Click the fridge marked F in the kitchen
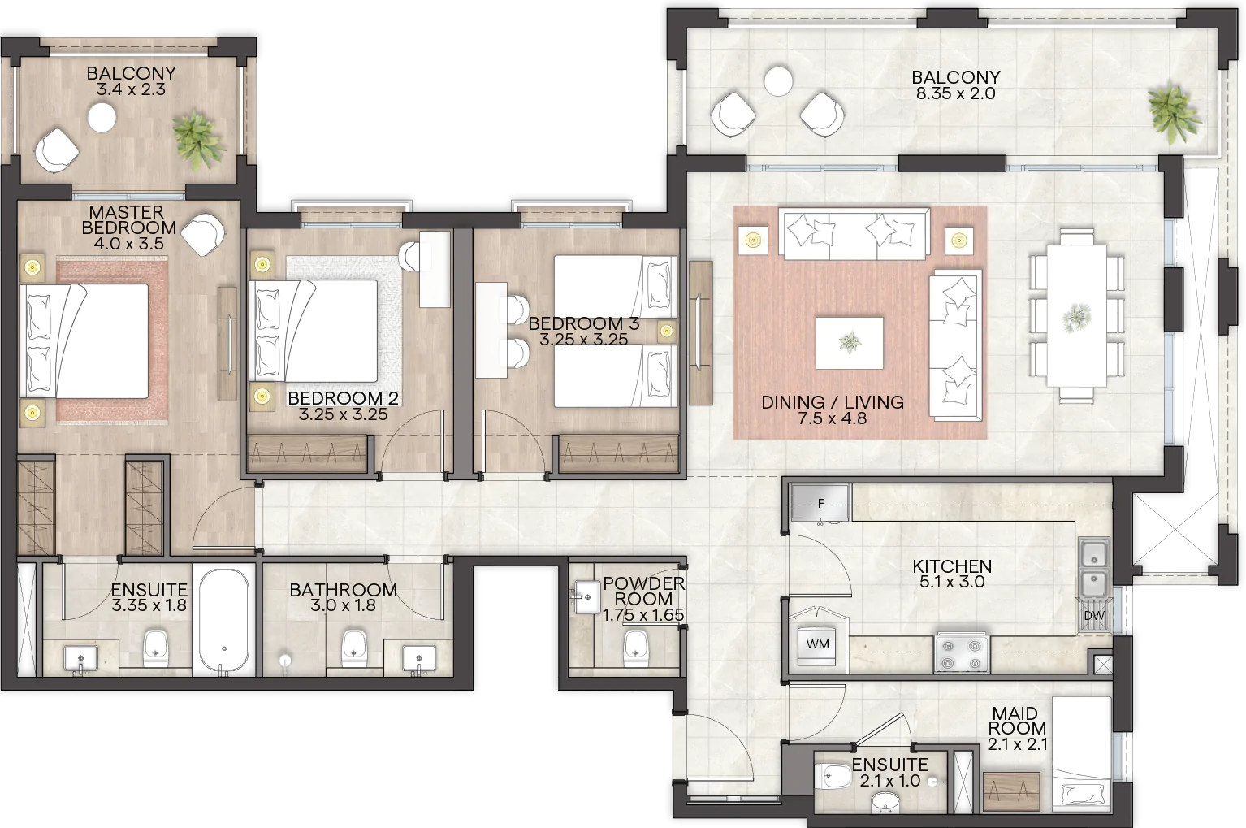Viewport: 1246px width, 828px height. click(x=820, y=503)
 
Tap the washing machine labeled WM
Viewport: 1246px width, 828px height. click(x=817, y=645)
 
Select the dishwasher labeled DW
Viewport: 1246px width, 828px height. click(x=1093, y=616)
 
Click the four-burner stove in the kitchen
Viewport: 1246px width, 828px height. click(x=961, y=654)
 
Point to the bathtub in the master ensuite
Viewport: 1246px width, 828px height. click(x=224, y=619)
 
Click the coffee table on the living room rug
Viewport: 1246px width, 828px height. click(x=850, y=343)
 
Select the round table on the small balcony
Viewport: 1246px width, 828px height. click(x=102, y=118)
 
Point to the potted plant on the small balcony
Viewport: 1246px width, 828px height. click(x=198, y=139)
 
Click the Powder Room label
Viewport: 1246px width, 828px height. click(x=643, y=591)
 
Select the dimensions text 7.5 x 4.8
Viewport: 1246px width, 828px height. click(x=832, y=418)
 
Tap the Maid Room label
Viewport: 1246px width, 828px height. click(x=1015, y=721)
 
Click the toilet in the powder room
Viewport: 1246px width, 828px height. click(x=636, y=647)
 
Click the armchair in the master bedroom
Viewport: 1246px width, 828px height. click(x=203, y=234)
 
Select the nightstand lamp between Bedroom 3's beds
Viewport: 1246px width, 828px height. click(x=666, y=332)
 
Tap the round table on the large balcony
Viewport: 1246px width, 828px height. click(x=777, y=81)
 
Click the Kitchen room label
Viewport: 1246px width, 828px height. click(x=952, y=566)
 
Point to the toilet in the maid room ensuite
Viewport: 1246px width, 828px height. click(x=833, y=776)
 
